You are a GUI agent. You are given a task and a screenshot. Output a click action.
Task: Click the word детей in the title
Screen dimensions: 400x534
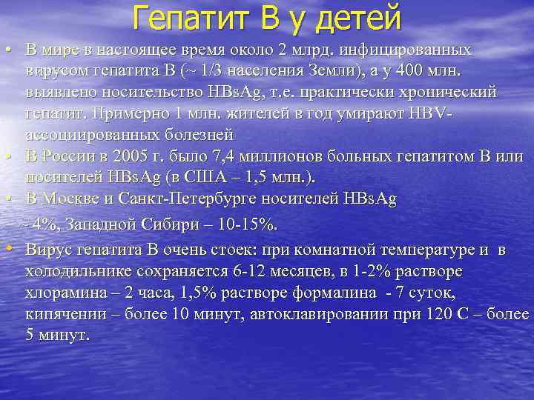(x=358, y=16)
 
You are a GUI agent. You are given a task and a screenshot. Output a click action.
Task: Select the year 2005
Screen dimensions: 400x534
(x=122, y=157)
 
